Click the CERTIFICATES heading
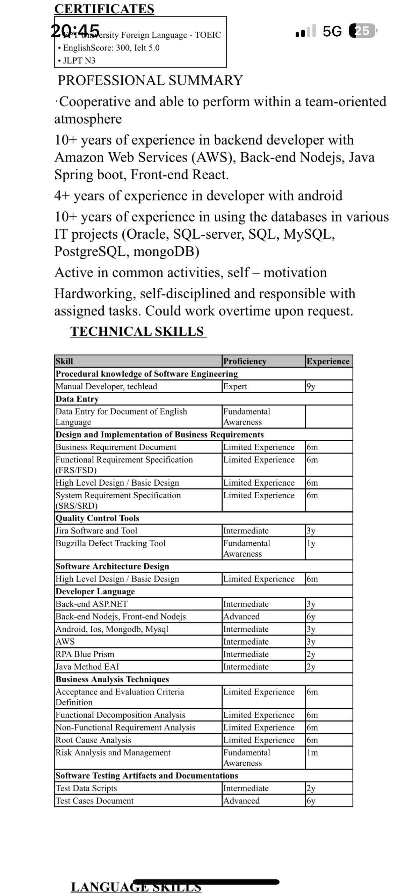[104, 9]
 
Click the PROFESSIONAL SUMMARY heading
[150, 80]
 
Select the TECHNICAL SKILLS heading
[137, 331]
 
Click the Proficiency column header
[245, 361]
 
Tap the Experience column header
[328, 361]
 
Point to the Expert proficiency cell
[235, 386]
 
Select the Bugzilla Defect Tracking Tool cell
[110, 543]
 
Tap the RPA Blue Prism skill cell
[85, 654]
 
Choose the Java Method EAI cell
[87, 667]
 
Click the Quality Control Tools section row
[97, 518]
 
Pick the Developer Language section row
[95, 591]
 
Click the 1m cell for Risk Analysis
[312, 753]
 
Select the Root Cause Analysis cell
[93, 740]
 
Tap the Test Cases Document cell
[95, 801]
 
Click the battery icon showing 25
[362, 31]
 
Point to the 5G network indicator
[332, 31]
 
